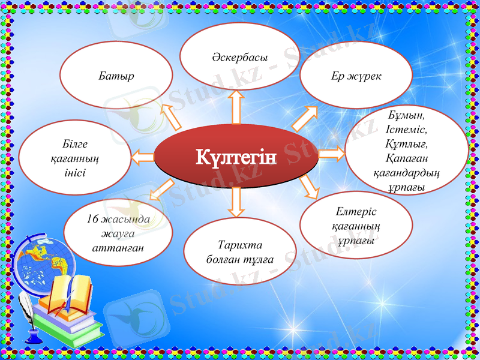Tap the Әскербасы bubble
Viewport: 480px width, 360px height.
pos(239,56)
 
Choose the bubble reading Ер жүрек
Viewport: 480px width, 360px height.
pos(356,76)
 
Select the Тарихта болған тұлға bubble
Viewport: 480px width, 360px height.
pos(239,252)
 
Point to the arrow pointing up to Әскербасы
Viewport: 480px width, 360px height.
pos(236,106)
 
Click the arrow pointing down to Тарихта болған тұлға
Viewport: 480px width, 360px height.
pos(236,201)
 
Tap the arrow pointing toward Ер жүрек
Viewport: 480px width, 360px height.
pos(305,118)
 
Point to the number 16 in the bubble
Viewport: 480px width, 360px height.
pos(92,219)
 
